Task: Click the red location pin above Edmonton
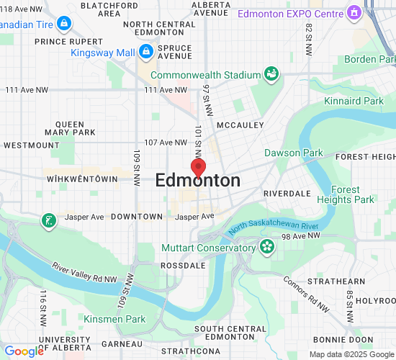198,167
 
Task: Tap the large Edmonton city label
198,181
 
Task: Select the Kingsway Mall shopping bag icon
146,51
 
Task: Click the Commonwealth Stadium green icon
271,73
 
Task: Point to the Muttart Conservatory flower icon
267,248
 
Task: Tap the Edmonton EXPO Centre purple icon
354,13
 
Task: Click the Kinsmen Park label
114,319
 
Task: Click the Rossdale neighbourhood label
184,266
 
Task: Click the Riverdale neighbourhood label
287,194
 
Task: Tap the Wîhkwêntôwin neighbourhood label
81,178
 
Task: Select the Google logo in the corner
24,351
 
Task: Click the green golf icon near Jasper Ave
48,219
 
